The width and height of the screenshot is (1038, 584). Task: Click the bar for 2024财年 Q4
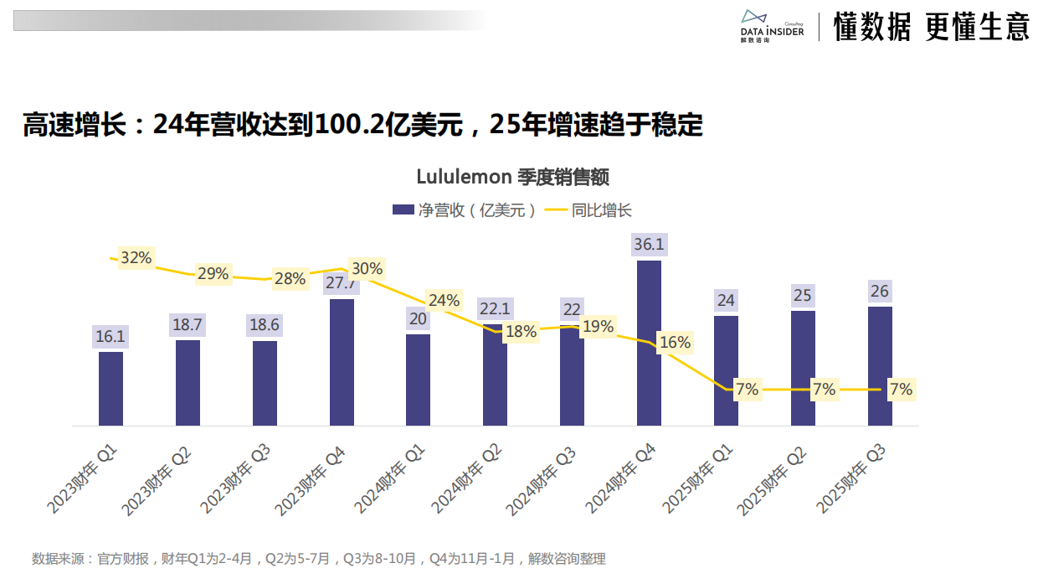click(x=649, y=344)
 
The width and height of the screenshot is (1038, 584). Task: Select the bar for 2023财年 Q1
click(x=110, y=389)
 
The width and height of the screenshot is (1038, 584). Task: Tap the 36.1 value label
click(x=649, y=245)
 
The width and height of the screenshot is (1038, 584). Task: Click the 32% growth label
click(x=136, y=258)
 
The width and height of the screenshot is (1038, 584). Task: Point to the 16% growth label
click(x=675, y=343)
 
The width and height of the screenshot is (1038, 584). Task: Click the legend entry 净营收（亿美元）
click(x=465, y=210)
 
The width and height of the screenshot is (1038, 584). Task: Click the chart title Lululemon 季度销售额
click(x=512, y=177)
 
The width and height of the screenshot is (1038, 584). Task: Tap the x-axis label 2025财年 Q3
click(x=852, y=478)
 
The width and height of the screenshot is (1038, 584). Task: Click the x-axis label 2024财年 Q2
click(x=467, y=478)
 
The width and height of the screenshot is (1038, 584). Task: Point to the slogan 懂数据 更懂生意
click(x=931, y=28)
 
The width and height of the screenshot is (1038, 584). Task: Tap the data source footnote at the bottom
click(x=318, y=559)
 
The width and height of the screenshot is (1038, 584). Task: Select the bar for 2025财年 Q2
click(x=803, y=369)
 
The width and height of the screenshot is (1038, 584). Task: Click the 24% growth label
click(x=444, y=300)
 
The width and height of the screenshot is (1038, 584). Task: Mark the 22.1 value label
click(x=494, y=308)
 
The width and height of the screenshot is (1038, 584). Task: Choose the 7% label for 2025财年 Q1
click(x=747, y=390)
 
